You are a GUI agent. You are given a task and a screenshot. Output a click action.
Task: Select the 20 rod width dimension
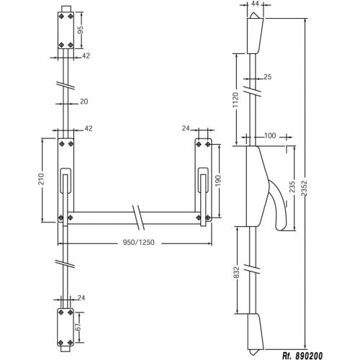(x=84, y=102)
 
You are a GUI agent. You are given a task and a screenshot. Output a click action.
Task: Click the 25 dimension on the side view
(x=267, y=76)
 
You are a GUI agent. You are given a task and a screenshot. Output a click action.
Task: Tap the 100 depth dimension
(x=269, y=135)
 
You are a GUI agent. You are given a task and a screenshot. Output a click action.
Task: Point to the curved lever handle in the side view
(x=275, y=209)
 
